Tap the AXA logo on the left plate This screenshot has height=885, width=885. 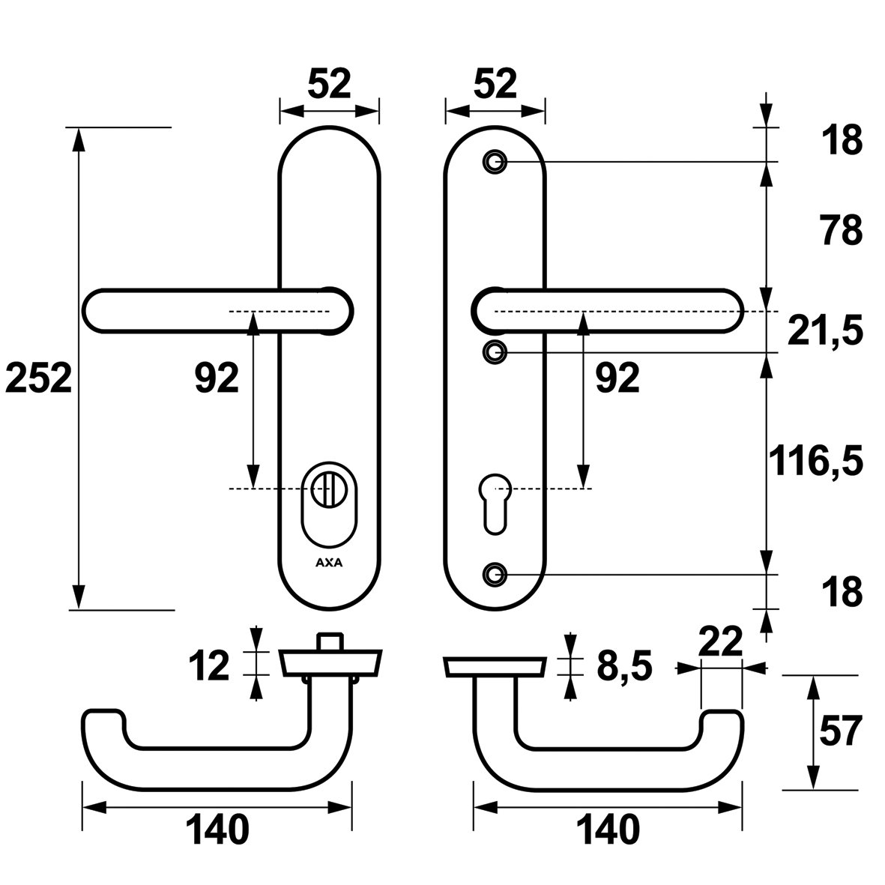click(328, 564)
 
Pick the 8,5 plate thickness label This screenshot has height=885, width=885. click(624, 665)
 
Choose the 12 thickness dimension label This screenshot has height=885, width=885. click(209, 665)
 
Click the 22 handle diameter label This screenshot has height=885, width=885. click(719, 641)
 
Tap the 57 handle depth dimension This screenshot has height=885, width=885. click(840, 731)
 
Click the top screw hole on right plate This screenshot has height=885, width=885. click(494, 161)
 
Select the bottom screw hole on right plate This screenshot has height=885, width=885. click(494, 573)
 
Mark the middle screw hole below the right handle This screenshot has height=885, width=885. click(494, 351)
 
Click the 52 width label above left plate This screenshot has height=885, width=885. click(329, 84)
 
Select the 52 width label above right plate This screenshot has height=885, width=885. click(495, 84)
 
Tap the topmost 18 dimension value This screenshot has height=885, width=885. click(841, 141)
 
